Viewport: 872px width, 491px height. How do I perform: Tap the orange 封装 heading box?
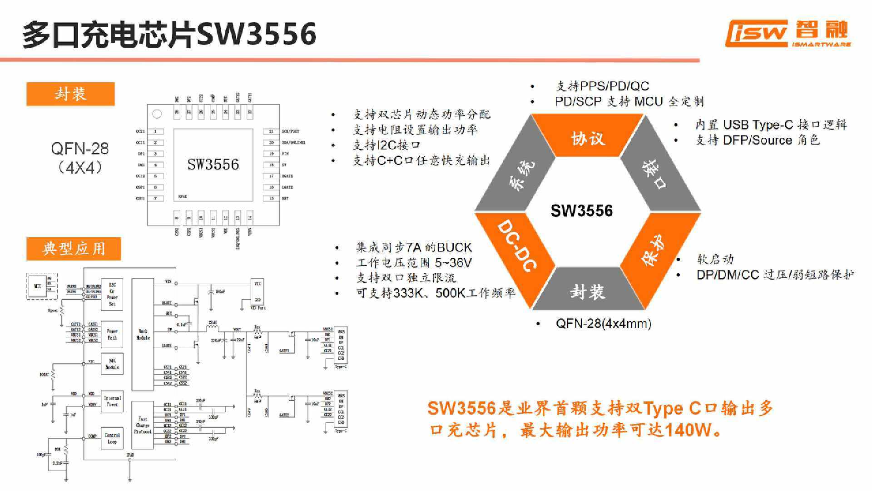point(70,94)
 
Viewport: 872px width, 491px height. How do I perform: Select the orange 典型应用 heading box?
point(74,249)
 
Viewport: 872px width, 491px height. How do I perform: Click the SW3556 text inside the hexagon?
point(581,210)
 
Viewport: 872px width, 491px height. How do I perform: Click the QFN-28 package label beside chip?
point(80,158)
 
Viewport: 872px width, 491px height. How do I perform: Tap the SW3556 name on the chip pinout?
point(213,164)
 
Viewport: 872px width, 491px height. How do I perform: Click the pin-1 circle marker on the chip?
point(157,114)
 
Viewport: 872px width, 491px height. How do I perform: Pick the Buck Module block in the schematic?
point(143,334)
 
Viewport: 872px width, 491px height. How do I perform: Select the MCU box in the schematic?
point(38,286)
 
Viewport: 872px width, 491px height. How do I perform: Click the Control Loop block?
point(112,438)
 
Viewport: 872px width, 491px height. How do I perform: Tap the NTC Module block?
point(112,364)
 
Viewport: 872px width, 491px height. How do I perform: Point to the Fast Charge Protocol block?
point(143,425)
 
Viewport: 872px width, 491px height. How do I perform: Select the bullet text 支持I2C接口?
point(386,145)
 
